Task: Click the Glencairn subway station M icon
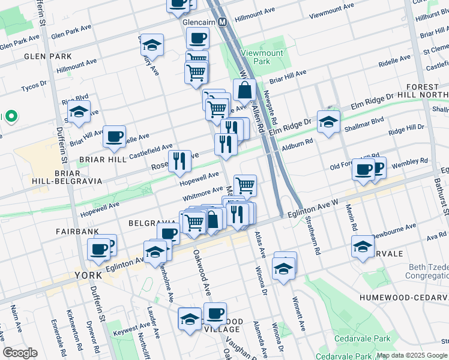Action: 223,22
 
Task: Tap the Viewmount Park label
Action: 262,57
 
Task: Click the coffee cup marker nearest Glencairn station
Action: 197,40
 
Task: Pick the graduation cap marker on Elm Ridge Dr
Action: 328,122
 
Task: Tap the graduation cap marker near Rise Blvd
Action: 78,112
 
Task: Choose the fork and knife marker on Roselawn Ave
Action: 179,161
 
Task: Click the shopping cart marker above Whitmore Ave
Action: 245,185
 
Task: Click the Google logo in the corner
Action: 20,352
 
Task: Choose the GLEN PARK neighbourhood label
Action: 39,56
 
